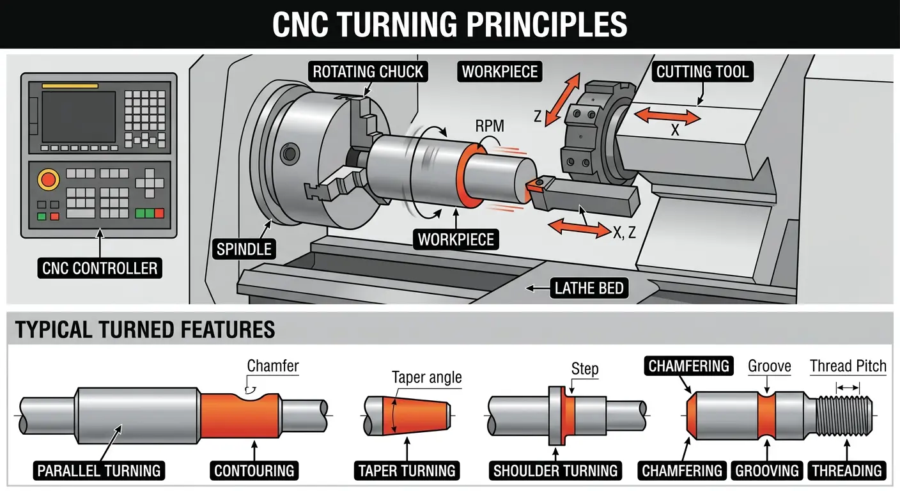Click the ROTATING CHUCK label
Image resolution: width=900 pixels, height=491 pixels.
(368, 71)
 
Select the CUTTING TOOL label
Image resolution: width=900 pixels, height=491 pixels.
(702, 71)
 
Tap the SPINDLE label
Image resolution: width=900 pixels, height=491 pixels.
(244, 249)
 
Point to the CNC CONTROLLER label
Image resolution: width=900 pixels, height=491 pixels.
(100, 268)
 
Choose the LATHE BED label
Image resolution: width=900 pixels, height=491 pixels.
(588, 288)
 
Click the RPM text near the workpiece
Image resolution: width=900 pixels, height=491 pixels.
(489, 126)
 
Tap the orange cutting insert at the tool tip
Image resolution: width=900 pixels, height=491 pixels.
(534, 187)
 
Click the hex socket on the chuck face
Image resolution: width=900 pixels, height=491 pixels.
(290, 153)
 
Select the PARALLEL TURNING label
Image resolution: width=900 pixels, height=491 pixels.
(99, 471)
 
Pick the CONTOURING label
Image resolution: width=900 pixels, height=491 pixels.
(254, 471)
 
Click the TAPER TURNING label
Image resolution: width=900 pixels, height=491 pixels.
(407, 471)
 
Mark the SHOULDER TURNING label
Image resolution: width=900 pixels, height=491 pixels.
(555, 471)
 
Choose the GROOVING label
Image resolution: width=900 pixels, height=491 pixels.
(767, 471)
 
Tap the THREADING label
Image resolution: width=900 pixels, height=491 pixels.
(846, 471)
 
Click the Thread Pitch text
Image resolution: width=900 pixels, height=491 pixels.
(848, 366)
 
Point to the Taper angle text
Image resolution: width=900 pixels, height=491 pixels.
(426, 377)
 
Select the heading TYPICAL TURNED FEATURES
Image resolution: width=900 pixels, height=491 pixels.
(145, 330)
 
